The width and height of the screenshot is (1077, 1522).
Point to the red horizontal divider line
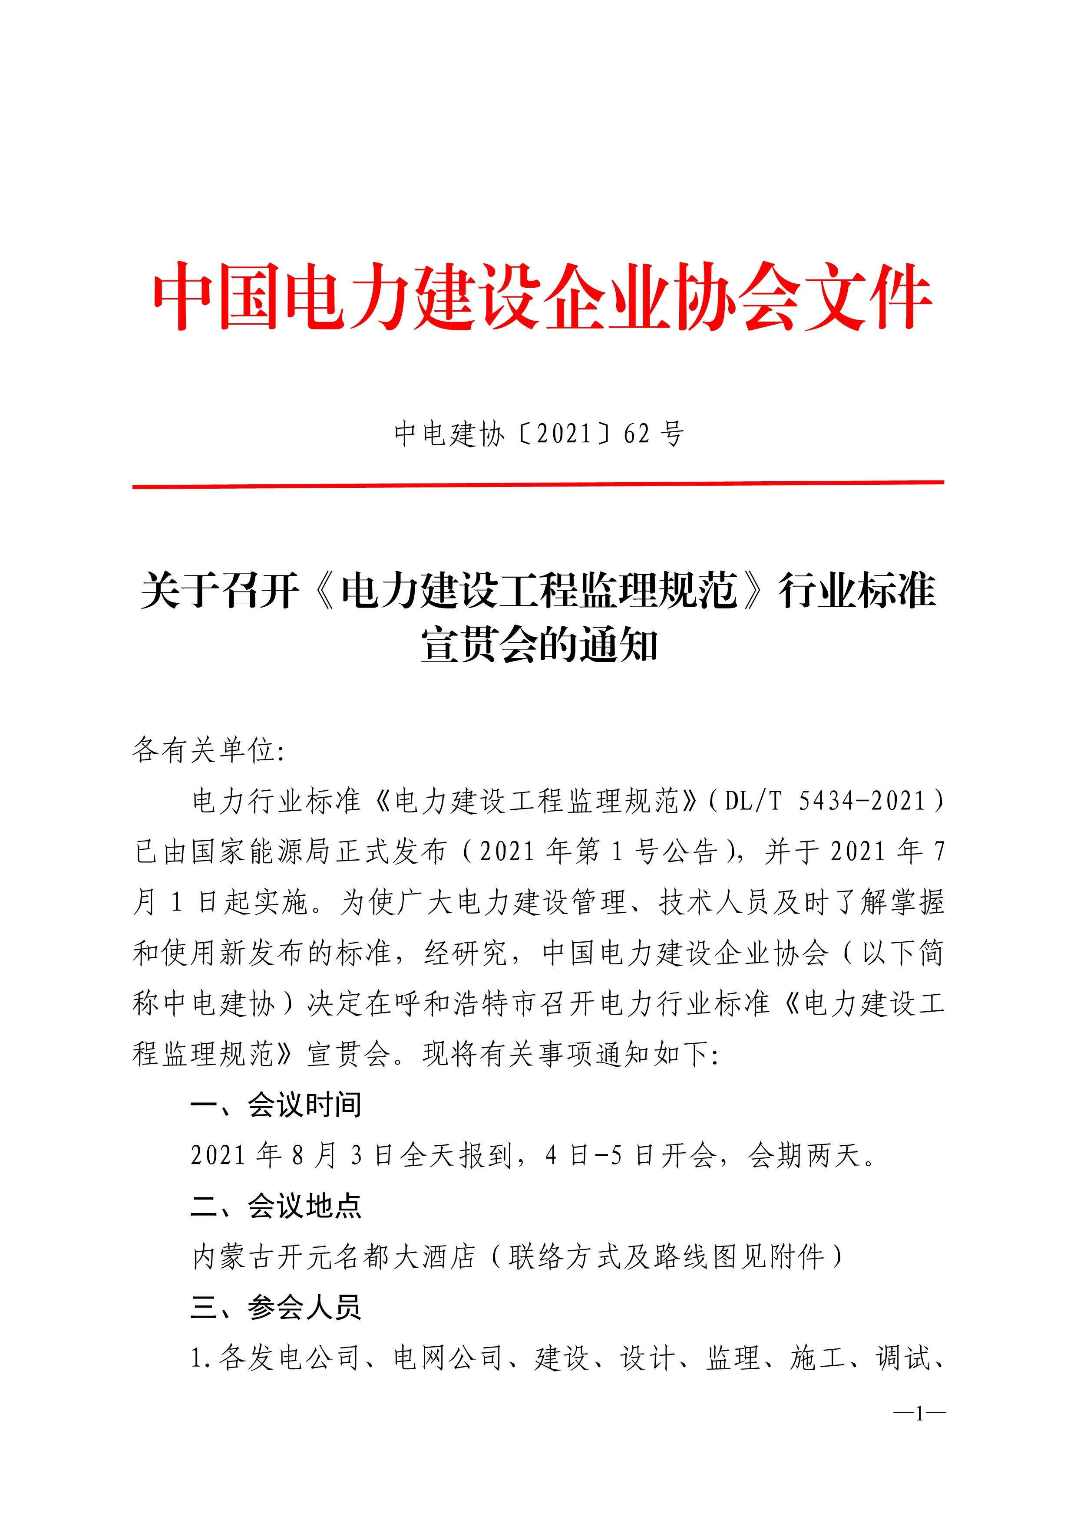538,485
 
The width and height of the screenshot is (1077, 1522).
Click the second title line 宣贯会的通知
538,645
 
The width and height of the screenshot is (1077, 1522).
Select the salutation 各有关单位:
208,750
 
